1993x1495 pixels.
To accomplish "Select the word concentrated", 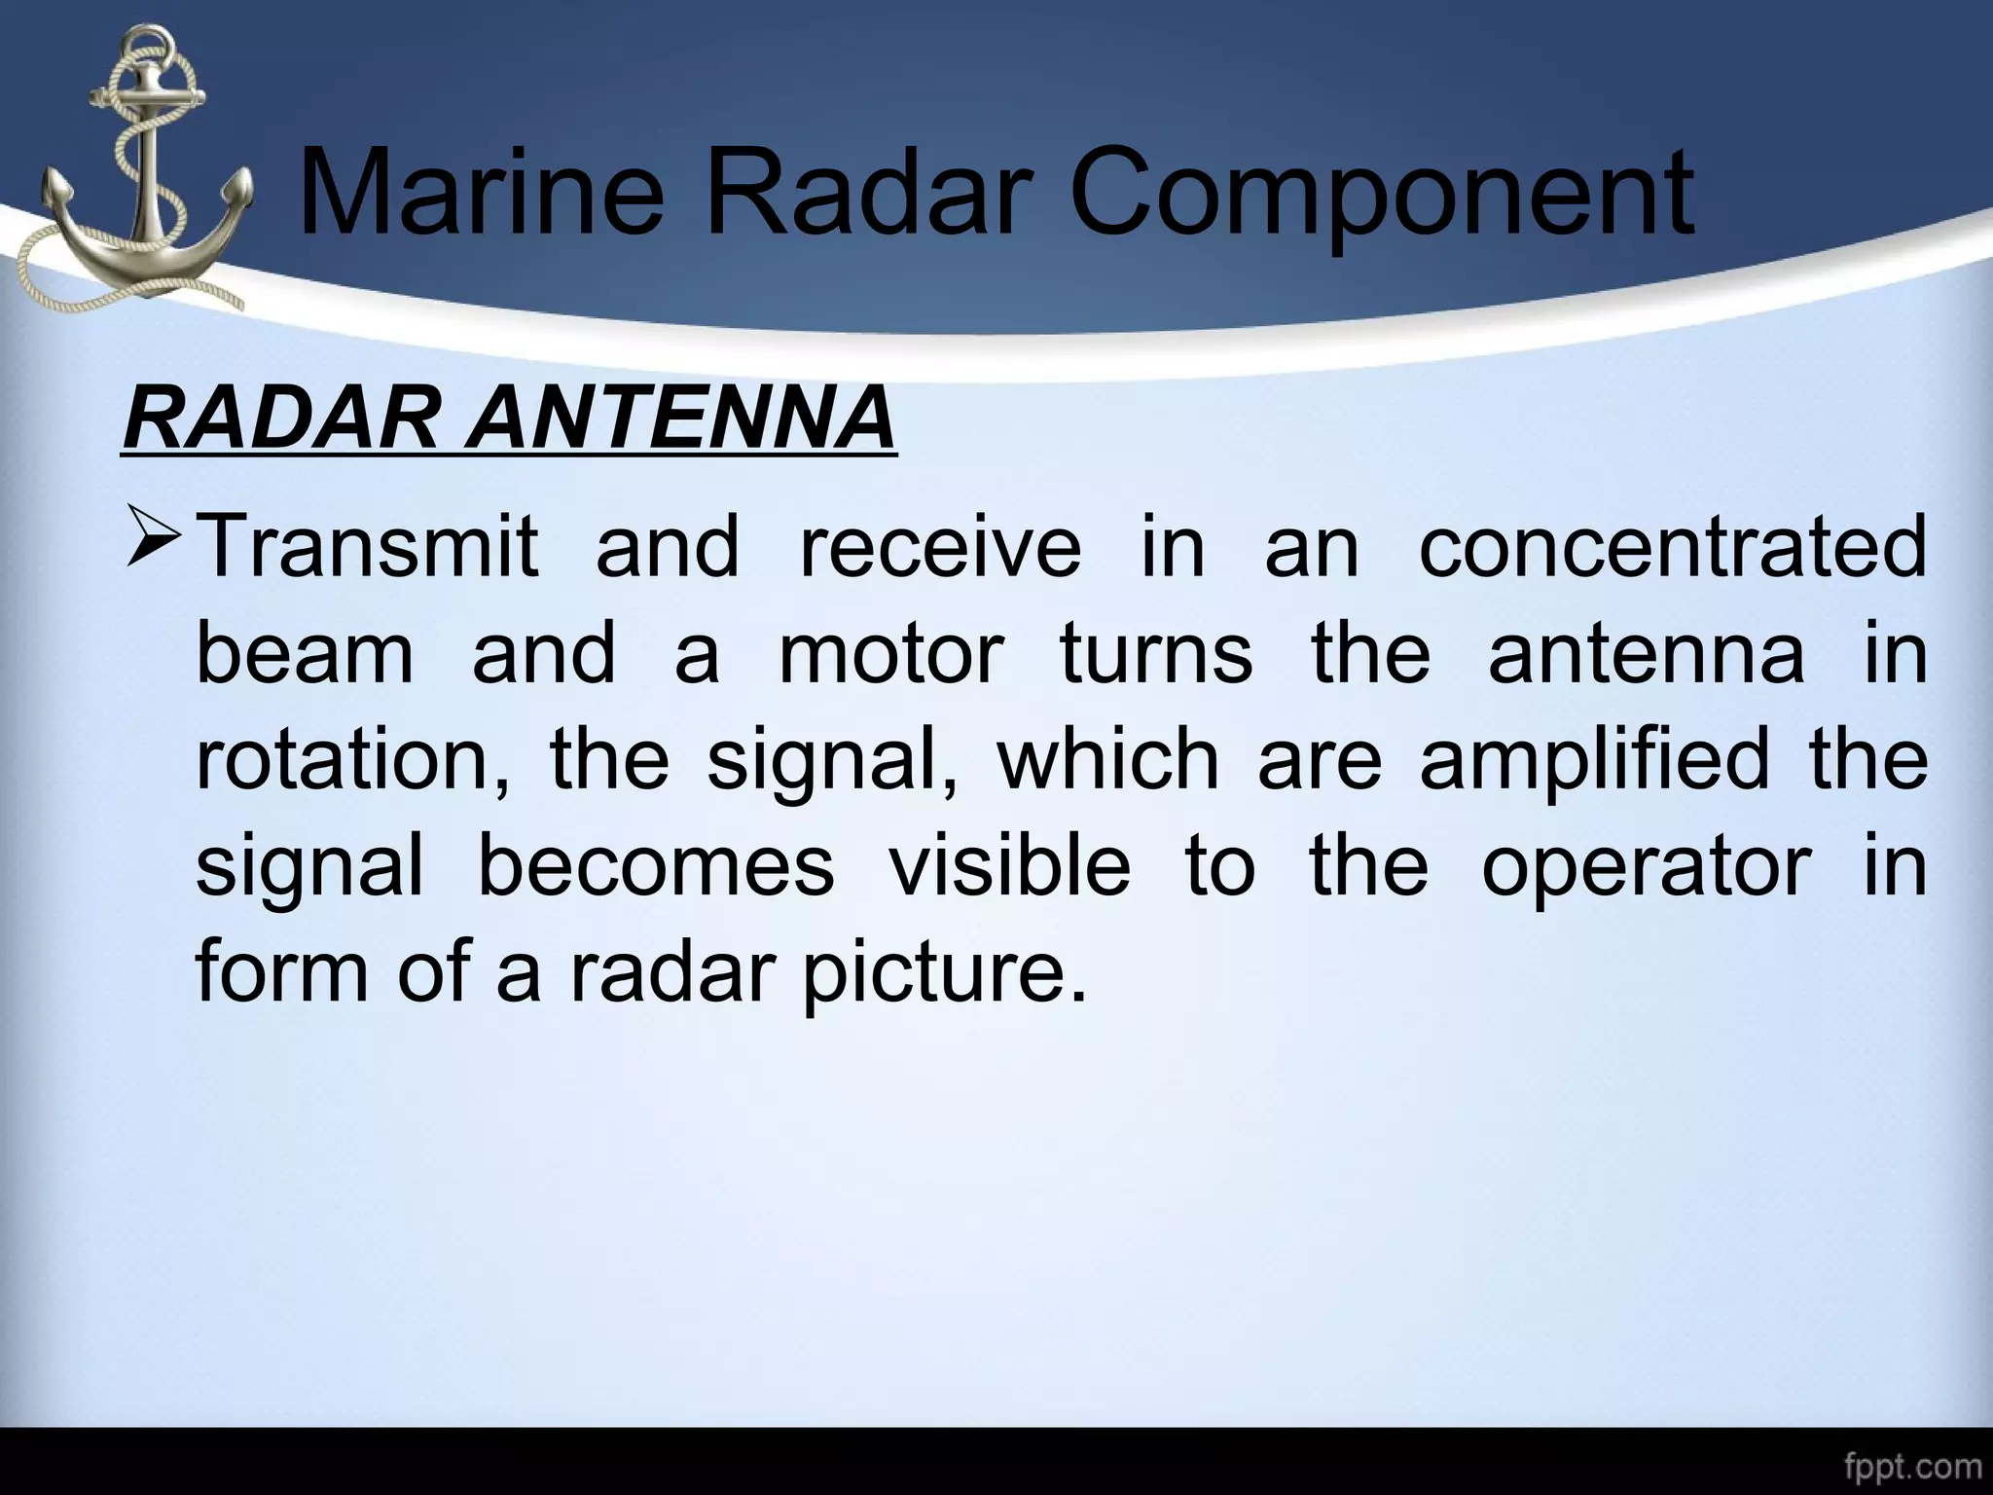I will [x=1672, y=547].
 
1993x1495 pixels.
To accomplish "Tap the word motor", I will [x=890, y=654].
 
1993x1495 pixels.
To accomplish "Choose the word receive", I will [x=939, y=547].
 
